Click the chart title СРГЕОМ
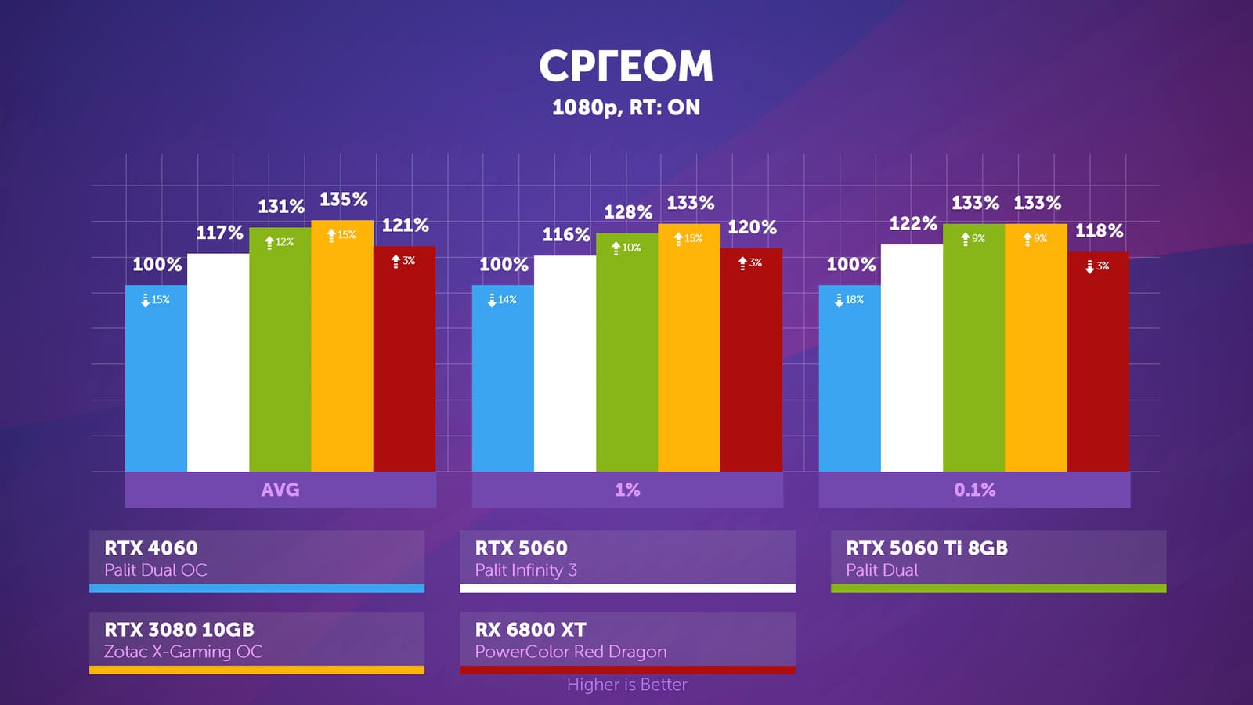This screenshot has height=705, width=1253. tap(626, 66)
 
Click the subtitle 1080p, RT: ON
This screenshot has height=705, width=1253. tap(626, 107)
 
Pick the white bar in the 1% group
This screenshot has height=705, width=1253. tap(565, 363)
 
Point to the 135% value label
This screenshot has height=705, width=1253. tap(343, 200)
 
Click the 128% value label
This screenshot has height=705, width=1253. tap(627, 212)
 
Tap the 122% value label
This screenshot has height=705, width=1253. tap(912, 224)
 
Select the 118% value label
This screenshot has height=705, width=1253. tap(1099, 231)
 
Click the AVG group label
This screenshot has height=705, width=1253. tap(280, 490)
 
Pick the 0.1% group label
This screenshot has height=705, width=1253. tap(974, 490)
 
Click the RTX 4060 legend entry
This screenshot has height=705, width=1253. tap(257, 559)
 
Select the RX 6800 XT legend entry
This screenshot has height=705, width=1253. tap(627, 640)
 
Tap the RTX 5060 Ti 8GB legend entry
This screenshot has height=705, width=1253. tap(998, 559)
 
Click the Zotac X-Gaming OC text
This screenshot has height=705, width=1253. tap(183, 652)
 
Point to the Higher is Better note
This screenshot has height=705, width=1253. tap(626, 685)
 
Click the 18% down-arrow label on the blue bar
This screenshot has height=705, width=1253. tap(849, 300)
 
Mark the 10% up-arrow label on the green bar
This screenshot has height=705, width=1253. tap(626, 248)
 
